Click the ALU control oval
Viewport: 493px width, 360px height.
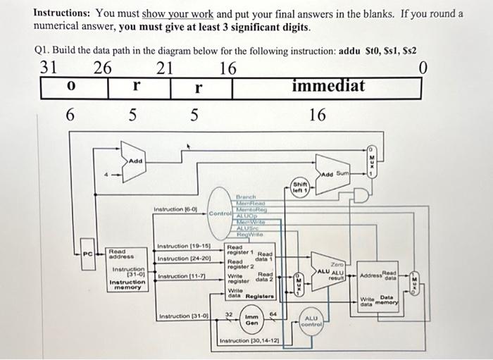tap(311, 321)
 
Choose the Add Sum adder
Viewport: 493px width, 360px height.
tap(335, 174)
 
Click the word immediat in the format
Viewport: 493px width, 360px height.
tap(327, 87)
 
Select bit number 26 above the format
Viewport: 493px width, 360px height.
tap(103, 68)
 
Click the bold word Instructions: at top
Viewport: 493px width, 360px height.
tap(64, 13)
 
